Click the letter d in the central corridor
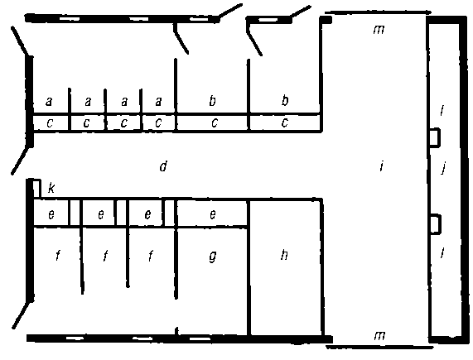tap(163, 166)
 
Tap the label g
tap(213, 257)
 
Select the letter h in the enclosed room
tap(284, 255)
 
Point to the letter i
tap(382, 166)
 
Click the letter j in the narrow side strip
tap(443, 168)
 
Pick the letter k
tap(51, 189)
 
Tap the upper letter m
tap(379, 29)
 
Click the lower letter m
tap(379, 335)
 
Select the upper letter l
tap(442, 111)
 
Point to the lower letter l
tap(442, 252)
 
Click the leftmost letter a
tap(49, 102)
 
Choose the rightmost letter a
tap(158, 102)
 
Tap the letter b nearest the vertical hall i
tap(285, 100)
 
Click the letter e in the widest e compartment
tap(213, 214)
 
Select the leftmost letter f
tap(58, 256)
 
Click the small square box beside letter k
tap(36, 189)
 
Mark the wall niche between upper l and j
tap(434, 137)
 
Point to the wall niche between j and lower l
tap(436, 224)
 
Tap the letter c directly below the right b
tap(284, 122)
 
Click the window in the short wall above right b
tap(268, 20)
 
